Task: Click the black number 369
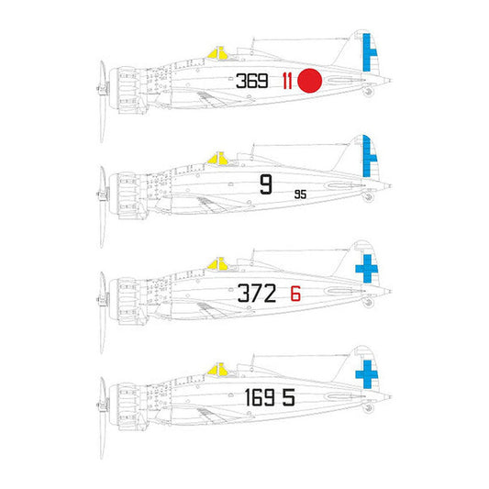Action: click(252, 81)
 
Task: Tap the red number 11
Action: click(287, 81)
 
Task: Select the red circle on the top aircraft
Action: click(310, 81)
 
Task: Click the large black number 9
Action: click(266, 184)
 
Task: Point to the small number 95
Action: click(300, 194)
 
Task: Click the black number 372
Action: click(257, 294)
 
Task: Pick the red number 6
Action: click(295, 294)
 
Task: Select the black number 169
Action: click(260, 397)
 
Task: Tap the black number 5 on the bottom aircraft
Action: click(289, 397)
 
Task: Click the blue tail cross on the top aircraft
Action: click(369, 52)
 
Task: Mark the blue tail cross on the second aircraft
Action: click(369, 157)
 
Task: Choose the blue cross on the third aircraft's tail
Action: click(367, 269)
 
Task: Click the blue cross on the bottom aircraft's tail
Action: click(367, 374)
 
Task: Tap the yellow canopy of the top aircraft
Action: click(218, 53)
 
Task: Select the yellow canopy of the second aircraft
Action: click(218, 159)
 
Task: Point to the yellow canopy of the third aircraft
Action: click(218, 264)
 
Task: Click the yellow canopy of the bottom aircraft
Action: click(218, 369)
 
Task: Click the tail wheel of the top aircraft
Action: click(368, 92)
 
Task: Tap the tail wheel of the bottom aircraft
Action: click(368, 407)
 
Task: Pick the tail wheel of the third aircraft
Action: click(368, 302)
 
